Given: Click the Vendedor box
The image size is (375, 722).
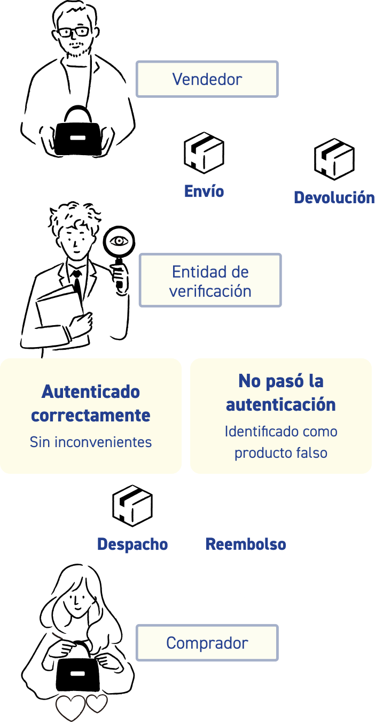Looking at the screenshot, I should (207, 79).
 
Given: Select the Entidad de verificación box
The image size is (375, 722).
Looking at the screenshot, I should (210, 281).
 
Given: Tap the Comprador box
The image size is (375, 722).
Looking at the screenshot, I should (207, 642).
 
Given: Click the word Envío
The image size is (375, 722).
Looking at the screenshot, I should (204, 191).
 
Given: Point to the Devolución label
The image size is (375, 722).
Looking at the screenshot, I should (334, 198).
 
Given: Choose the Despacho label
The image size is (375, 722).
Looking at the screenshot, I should (132, 544).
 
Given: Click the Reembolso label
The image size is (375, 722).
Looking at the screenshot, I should (246, 544).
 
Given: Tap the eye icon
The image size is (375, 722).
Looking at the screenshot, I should (119, 241).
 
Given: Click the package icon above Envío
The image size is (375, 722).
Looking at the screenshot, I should (204, 153).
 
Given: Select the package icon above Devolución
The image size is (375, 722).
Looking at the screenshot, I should (334, 159).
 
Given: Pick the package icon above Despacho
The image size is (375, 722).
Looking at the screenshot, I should (132, 506).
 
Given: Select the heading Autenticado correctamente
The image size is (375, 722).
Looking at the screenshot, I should (91, 403).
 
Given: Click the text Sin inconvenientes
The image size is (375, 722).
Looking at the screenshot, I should (91, 442).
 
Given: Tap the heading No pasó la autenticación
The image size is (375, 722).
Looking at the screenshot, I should (281, 393).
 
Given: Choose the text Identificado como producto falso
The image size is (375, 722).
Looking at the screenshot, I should (281, 442).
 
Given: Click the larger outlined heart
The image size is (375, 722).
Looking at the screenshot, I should (71, 708).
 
